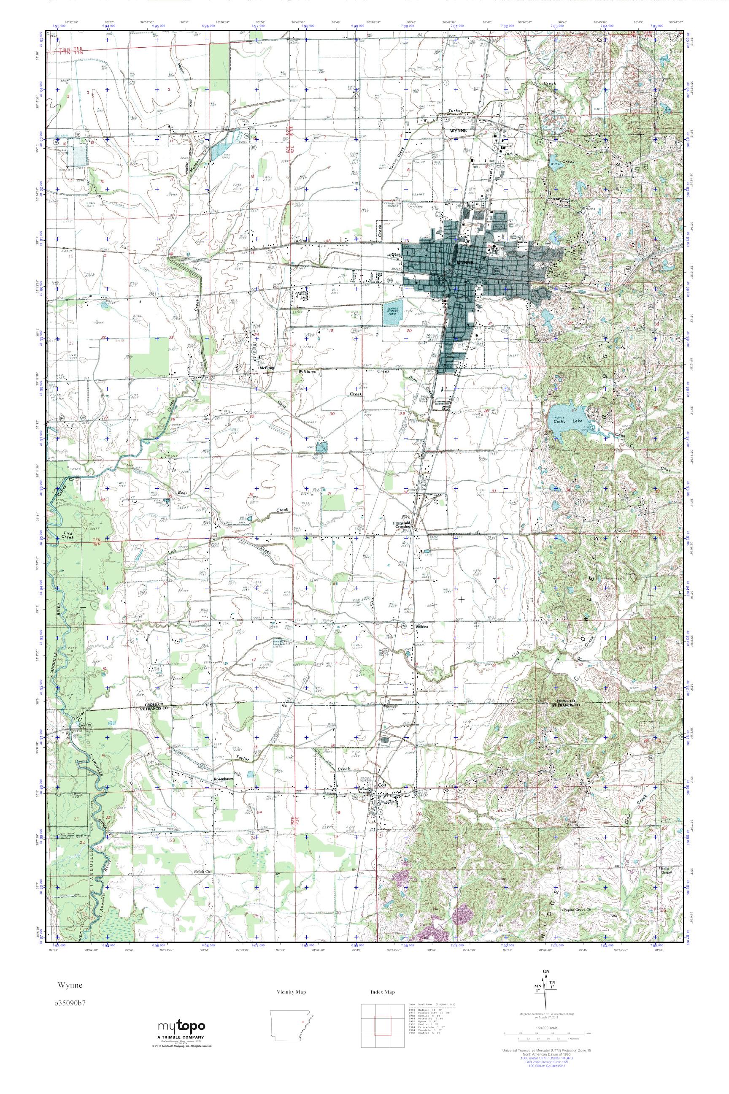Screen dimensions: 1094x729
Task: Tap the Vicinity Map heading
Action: (x=291, y=992)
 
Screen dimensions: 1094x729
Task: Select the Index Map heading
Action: (x=383, y=992)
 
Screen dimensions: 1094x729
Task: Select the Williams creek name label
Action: (x=307, y=372)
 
